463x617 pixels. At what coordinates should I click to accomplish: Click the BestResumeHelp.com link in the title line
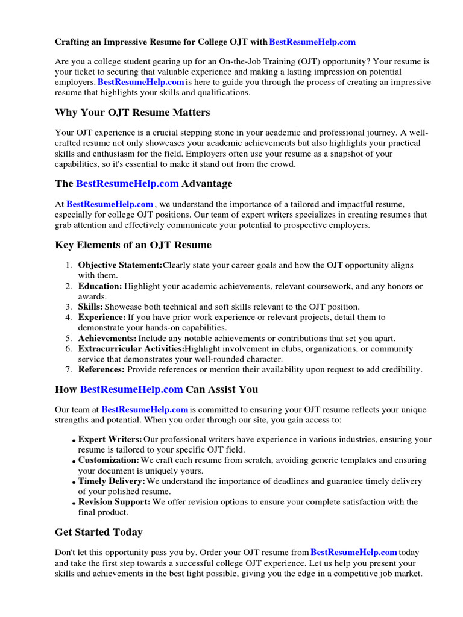pos(312,42)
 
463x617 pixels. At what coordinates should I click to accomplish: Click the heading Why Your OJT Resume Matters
pos(133,113)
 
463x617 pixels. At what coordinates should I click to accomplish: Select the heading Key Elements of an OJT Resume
pos(133,245)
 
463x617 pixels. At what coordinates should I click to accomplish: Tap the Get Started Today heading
pos(99,533)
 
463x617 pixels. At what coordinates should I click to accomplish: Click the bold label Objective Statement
pos(120,265)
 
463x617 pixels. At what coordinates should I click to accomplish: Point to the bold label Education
pos(100,286)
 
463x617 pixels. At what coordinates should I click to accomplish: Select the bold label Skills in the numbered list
pos(91,307)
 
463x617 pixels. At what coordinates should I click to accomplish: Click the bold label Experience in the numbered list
pos(102,317)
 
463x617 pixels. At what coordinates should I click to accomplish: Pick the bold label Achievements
pos(107,338)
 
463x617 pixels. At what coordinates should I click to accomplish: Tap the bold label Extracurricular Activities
pos(131,349)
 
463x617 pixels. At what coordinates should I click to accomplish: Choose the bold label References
pos(101,369)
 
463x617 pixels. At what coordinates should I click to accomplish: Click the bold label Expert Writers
pos(110,439)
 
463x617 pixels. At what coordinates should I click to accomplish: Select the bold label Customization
pos(109,460)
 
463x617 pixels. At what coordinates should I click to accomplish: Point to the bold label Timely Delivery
pos(112,481)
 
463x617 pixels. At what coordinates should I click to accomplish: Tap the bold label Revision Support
pos(114,502)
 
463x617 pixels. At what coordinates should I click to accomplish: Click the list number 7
pos(69,369)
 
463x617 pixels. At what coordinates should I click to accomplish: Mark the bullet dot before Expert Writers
pos(74,441)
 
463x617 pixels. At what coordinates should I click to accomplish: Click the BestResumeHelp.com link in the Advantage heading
pos(127,184)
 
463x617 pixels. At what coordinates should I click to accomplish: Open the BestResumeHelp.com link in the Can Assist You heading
pos(131,390)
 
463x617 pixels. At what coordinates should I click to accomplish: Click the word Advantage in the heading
pos(207,184)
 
